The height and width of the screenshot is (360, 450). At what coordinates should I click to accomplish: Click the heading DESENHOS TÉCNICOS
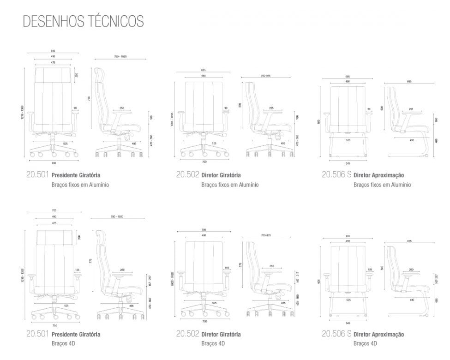(83, 21)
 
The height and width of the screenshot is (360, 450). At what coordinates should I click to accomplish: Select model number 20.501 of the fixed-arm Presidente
(37, 175)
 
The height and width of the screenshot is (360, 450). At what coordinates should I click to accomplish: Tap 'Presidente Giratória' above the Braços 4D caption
(76, 334)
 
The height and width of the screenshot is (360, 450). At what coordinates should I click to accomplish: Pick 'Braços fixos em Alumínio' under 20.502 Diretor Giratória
(230, 185)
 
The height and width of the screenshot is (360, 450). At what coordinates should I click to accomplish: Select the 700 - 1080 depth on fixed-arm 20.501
(120, 57)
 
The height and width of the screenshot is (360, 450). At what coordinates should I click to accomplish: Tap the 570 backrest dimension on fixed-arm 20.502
(240, 105)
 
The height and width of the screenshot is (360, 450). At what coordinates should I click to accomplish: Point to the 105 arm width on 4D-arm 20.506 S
(370, 269)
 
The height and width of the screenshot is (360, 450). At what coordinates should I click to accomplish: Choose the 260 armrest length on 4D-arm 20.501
(122, 270)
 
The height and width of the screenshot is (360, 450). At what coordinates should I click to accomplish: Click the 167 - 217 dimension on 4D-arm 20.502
(298, 277)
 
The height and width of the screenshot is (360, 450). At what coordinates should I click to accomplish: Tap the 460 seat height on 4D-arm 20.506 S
(436, 300)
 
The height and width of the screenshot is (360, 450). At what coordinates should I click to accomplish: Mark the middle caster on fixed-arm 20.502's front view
(203, 154)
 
